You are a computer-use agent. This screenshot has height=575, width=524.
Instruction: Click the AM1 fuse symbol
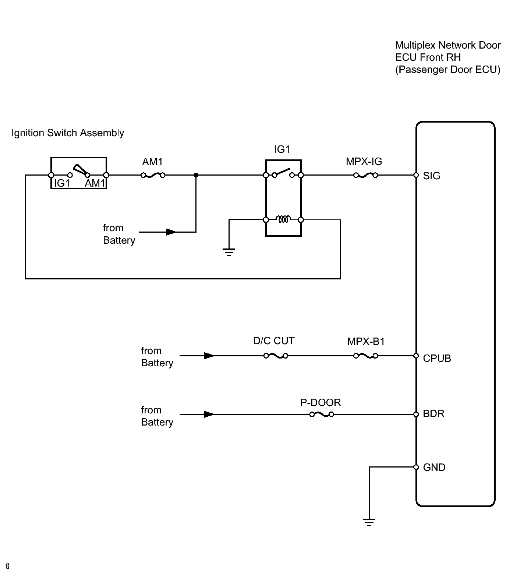coord(153,176)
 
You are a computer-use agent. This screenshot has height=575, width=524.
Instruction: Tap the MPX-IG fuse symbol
coord(366,176)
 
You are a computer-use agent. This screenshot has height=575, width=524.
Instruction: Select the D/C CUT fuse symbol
coord(276,356)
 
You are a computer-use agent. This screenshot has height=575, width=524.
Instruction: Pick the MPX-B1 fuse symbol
coord(366,356)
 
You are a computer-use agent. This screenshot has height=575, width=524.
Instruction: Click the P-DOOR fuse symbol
coord(322,415)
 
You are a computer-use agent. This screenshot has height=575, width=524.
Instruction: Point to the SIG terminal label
coord(432,176)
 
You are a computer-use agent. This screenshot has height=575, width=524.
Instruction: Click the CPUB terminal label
coord(437,359)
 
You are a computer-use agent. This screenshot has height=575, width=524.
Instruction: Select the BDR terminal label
coord(434,414)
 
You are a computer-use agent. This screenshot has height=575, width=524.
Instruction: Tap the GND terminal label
coord(434,468)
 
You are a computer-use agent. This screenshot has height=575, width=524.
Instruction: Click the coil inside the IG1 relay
coord(283,219)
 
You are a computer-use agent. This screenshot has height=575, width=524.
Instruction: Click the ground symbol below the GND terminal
coord(369,522)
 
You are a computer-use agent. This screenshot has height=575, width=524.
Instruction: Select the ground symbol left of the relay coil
coord(229,252)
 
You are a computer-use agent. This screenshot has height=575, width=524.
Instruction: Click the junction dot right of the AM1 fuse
coord(196,175)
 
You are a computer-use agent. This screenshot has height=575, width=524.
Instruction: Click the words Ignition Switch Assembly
coord(68,133)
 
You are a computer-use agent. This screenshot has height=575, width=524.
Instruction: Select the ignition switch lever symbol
coord(80,170)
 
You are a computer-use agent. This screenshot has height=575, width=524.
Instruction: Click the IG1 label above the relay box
coord(282,149)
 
